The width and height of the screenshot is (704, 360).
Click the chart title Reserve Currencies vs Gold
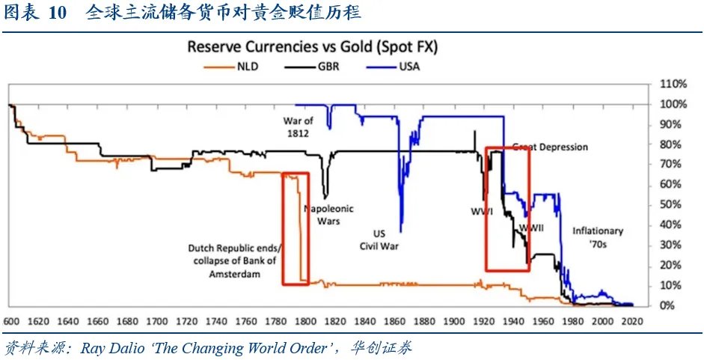tap(312, 47)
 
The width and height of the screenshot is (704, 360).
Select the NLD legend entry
tap(248, 66)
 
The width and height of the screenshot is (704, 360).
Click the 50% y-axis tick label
tap(670, 205)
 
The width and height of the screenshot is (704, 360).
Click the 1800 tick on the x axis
tap(304, 321)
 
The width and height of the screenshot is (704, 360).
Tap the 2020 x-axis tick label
tap(633, 321)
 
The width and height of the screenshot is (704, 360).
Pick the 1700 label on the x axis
tap(156, 321)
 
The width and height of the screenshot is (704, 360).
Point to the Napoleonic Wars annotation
tap(328, 216)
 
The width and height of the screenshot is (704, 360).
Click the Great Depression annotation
tap(550, 147)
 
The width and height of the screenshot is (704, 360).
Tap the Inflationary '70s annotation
tap(597, 237)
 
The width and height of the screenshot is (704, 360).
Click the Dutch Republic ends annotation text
tap(234, 261)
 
